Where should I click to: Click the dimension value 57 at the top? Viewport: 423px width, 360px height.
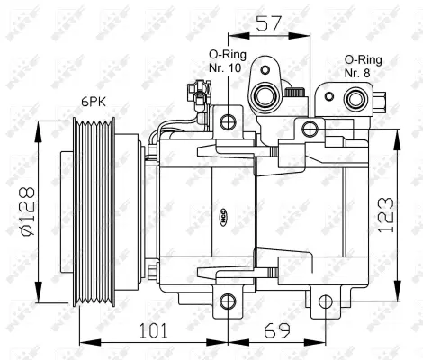tap(267, 24)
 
